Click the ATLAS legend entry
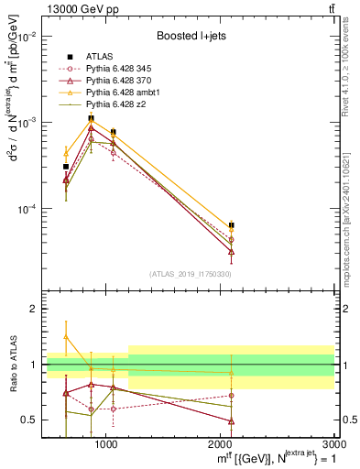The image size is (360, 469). pos(99,57)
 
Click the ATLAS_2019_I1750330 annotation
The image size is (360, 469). pos(191,274)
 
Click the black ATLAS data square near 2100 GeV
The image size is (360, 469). pos(232,224)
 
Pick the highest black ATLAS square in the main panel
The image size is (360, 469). pos(91,118)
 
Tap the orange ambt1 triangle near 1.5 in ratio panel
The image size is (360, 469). pos(66,336)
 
